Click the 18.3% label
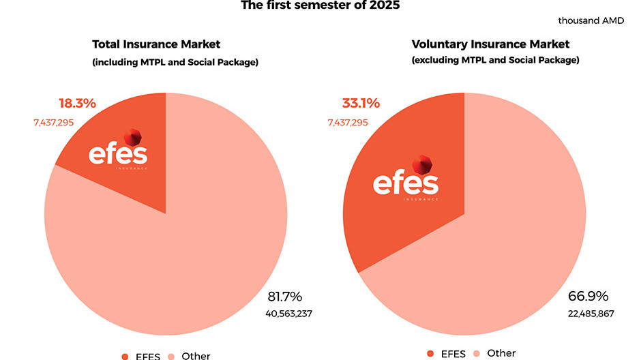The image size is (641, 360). pos(77,104)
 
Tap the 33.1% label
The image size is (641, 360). pos(361,104)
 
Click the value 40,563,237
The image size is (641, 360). pos(288,314)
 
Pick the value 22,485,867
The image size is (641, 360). pos(591,314)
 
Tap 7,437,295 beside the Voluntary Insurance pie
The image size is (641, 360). pos(347,123)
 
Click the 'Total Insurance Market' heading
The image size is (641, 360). pos(156,44)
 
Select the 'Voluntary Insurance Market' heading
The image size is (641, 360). pos(490,44)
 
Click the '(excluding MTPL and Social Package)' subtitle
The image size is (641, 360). pos(495,60)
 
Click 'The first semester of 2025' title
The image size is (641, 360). pos(320,5)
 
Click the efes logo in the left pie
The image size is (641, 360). pos(118,150)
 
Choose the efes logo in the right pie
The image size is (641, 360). pos(406,179)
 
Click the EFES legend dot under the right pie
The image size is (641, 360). pos(430,353)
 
